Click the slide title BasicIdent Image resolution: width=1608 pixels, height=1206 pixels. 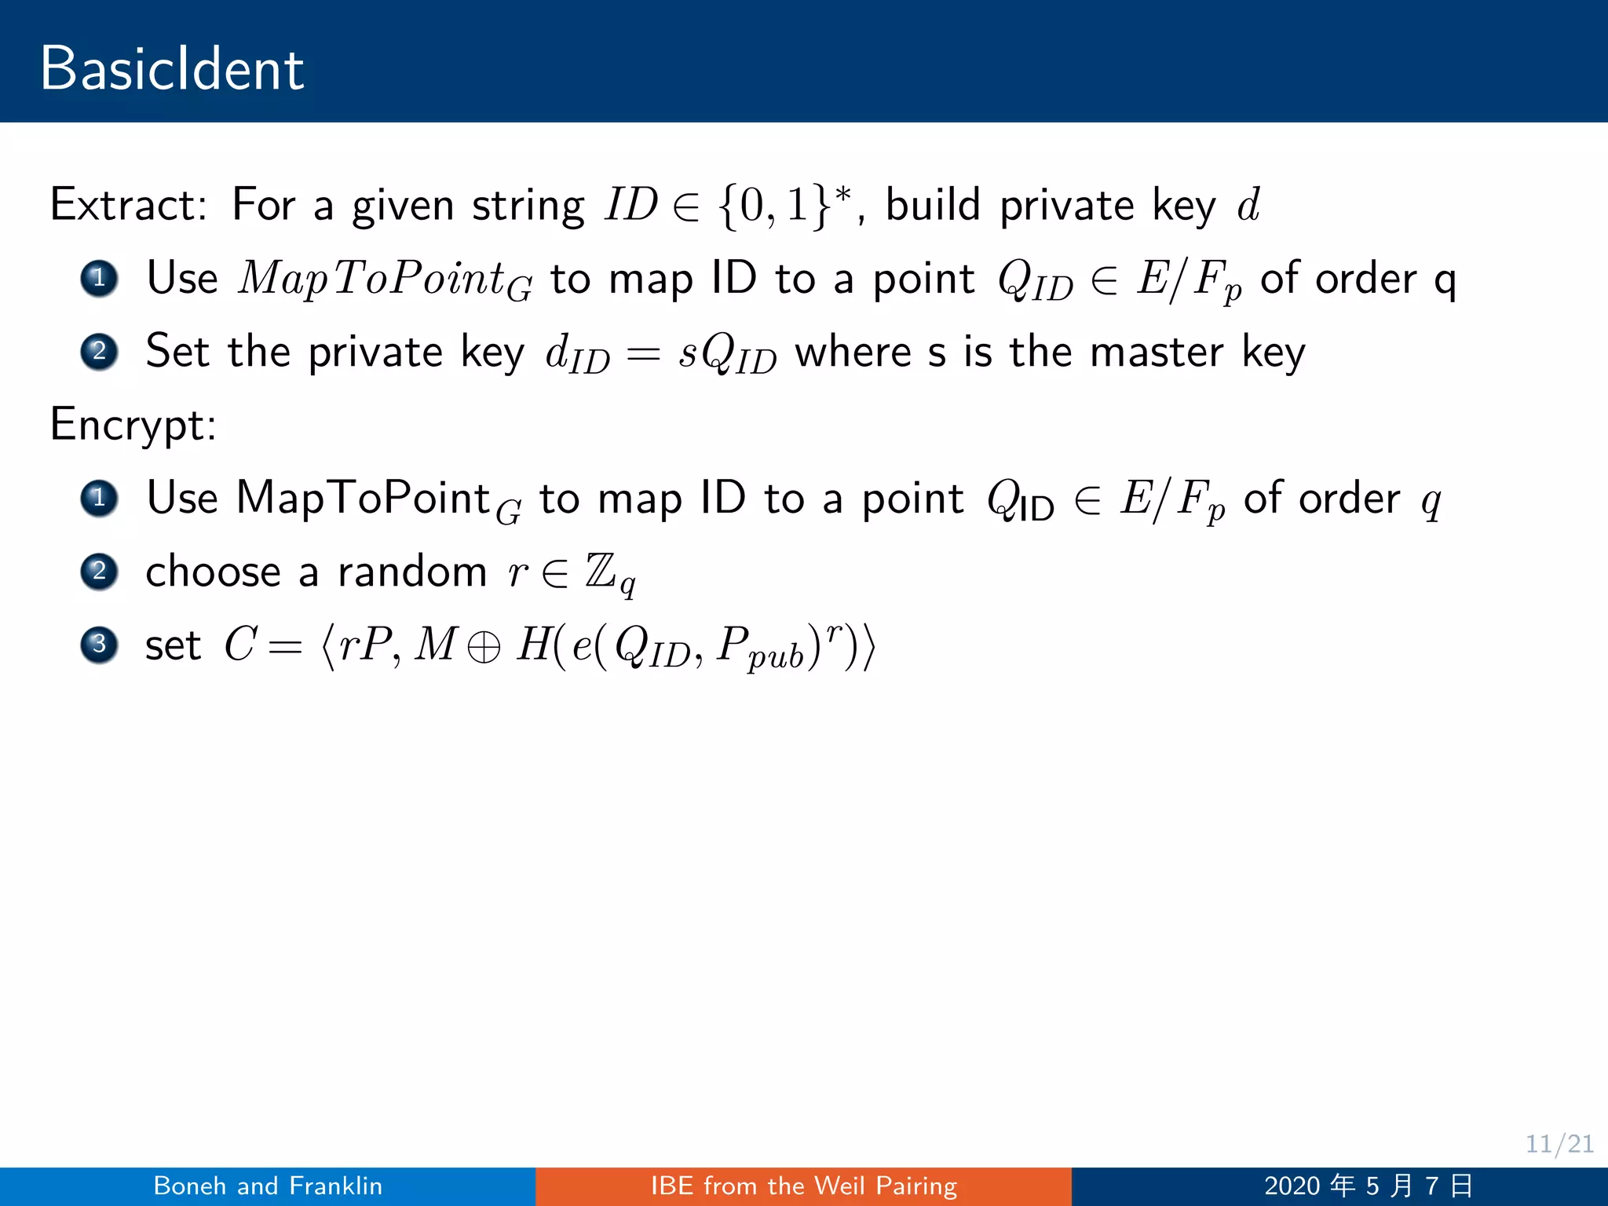coord(172,69)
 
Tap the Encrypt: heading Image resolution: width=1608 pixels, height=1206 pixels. coord(133,425)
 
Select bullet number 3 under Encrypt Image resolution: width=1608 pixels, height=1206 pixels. coord(99,645)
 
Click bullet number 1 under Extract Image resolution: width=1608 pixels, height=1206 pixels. coord(99,278)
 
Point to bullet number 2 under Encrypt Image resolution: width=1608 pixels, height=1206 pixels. coord(99,571)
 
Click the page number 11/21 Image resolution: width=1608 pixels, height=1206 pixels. coord(1559,1144)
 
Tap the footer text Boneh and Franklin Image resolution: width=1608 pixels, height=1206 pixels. coord(268,1186)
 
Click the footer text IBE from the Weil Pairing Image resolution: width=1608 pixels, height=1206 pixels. coord(803,1186)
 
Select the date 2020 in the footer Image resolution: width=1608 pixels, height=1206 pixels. coord(1292,1186)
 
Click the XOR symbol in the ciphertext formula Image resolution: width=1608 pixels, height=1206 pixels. coord(483,648)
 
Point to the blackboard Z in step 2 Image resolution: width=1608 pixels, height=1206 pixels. coord(601,571)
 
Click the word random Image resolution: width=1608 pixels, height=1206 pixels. coord(412,572)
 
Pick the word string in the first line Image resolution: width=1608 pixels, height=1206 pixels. coord(528,206)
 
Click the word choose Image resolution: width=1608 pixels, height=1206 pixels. coord(213,572)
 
